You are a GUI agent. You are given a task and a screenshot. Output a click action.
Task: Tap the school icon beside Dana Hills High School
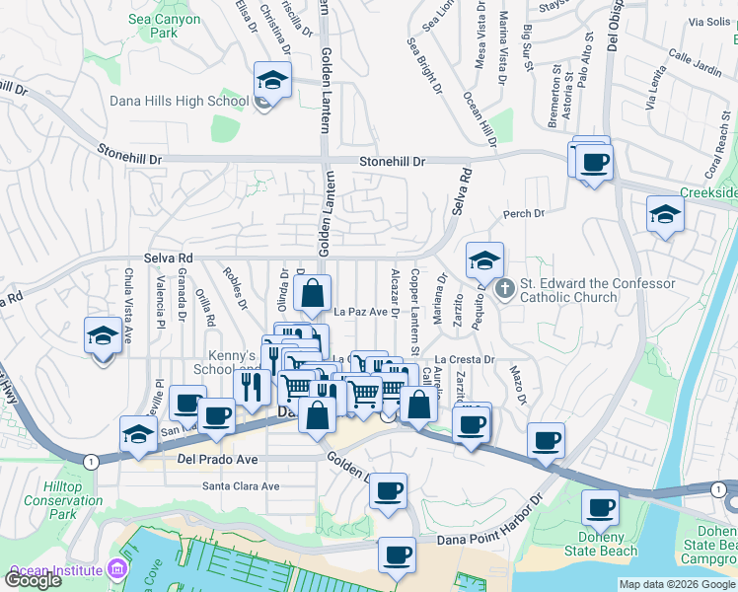tap(272, 80)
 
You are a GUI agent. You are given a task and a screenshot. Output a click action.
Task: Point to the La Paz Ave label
tap(360, 312)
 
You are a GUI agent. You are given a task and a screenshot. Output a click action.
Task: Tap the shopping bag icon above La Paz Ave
tap(312, 293)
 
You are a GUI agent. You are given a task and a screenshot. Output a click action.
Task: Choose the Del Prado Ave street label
tap(218, 460)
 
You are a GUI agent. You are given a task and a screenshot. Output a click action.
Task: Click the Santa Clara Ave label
tap(241, 485)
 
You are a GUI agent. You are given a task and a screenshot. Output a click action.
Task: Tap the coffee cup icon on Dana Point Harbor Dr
tap(397, 555)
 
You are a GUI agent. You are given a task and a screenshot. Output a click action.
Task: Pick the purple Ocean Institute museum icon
tap(117, 570)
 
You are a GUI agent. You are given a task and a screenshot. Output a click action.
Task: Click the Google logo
tap(33, 580)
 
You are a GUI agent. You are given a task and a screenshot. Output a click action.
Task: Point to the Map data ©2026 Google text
tap(677, 584)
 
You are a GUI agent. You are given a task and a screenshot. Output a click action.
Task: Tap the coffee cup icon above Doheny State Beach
tap(600, 508)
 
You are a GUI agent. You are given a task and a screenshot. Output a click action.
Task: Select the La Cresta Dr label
tap(464, 360)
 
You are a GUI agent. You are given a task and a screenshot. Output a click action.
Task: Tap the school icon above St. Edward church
tap(484, 260)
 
